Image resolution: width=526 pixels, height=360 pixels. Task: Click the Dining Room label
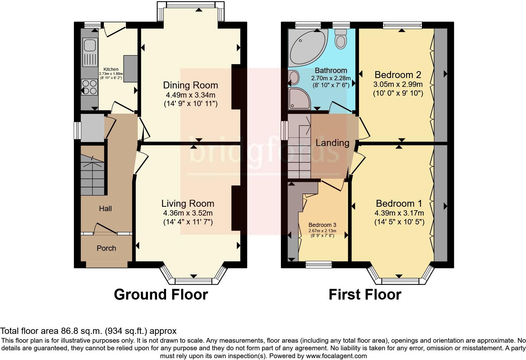click(190, 85)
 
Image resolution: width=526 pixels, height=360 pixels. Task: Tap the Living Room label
click(187, 203)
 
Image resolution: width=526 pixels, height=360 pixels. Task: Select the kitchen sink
click(90, 52)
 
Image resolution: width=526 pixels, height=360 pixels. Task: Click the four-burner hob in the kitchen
click(89, 87)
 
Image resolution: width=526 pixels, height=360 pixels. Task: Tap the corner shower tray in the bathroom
click(299, 98)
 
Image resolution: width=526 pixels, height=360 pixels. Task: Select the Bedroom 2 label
click(398, 75)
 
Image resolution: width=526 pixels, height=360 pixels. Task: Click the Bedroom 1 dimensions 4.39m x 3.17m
click(399, 213)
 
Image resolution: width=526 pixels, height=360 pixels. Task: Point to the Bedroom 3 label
click(322, 225)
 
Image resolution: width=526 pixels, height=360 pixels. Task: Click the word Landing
click(332, 143)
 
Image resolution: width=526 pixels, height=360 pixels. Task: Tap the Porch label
click(106, 248)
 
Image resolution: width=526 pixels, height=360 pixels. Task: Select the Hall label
click(105, 209)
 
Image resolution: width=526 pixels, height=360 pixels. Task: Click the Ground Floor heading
click(161, 295)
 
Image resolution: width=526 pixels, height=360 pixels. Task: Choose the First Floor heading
click(365, 295)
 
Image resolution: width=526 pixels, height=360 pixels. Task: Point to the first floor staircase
click(299, 146)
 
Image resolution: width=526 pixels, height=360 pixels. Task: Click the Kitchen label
click(111, 69)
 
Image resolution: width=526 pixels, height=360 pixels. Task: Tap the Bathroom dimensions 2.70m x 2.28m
click(331, 78)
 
